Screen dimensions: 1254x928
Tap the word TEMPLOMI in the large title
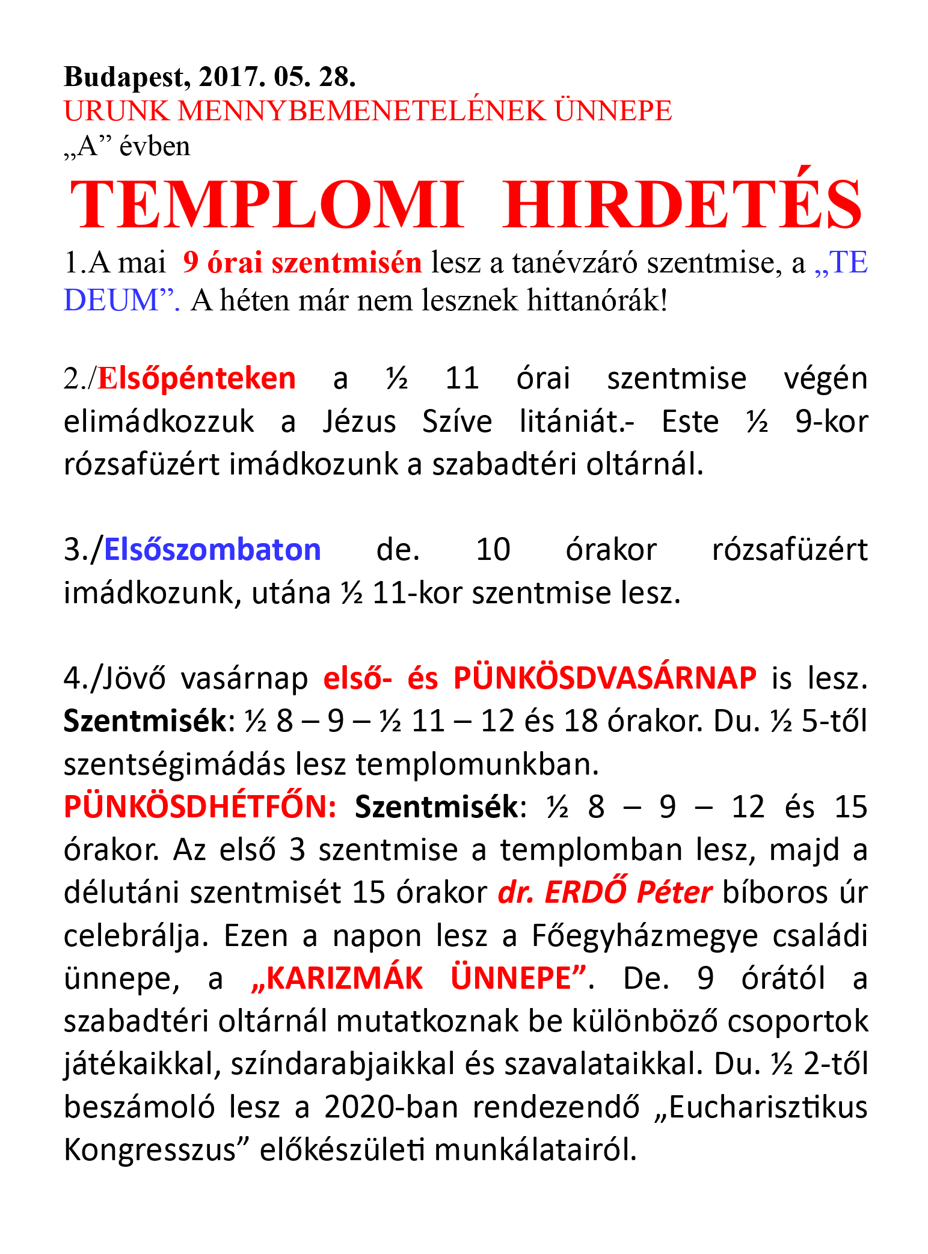(x=268, y=204)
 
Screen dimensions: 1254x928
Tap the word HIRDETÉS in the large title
(x=683, y=204)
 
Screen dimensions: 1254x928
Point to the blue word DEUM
(x=118, y=300)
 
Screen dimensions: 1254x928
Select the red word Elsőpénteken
(x=197, y=379)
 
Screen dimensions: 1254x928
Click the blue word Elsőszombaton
(x=212, y=550)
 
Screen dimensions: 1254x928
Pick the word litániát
(x=577, y=422)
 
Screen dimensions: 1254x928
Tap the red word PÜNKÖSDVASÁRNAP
(x=605, y=678)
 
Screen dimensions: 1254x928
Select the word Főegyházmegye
(x=644, y=936)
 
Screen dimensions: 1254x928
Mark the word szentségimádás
(x=174, y=764)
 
